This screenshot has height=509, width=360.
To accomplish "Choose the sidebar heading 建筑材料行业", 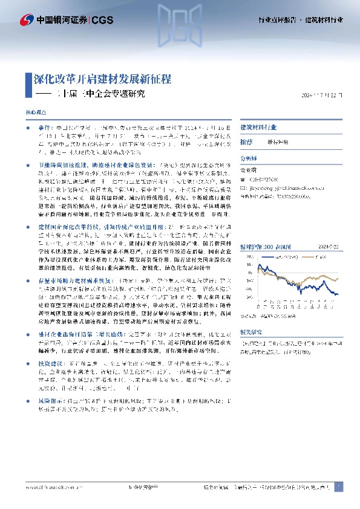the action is (x=259, y=128).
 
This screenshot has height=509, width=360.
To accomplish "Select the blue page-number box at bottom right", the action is (x=338, y=487).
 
